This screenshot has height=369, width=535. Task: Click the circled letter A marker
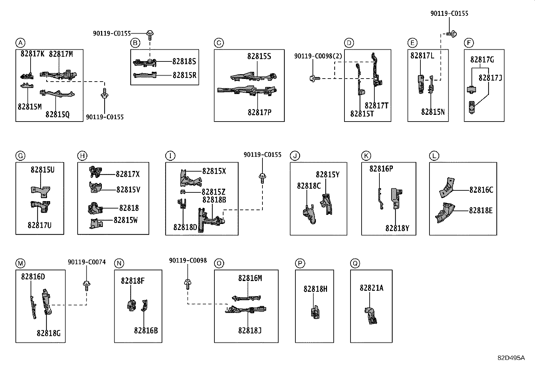(x=20, y=43)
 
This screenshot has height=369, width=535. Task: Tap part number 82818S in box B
(x=184, y=61)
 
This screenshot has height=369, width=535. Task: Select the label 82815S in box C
(x=259, y=56)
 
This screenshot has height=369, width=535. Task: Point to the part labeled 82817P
(x=247, y=90)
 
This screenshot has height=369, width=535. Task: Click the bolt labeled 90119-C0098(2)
(x=315, y=78)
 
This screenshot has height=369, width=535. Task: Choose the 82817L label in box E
(x=422, y=56)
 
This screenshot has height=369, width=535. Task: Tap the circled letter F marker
(x=468, y=43)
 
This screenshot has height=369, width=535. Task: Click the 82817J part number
(x=490, y=78)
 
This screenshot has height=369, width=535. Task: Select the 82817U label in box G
(x=39, y=225)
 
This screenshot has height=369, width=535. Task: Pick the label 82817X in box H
(x=128, y=174)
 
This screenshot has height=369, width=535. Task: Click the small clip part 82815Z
(x=183, y=192)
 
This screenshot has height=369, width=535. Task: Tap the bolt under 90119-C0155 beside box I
(x=262, y=178)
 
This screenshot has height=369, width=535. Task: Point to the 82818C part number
(x=309, y=186)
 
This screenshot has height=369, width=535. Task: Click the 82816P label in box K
(x=381, y=169)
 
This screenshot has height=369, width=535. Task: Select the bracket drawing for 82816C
(x=447, y=188)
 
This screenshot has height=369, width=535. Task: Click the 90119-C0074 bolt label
(x=87, y=262)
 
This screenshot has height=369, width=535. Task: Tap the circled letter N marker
(x=119, y=263)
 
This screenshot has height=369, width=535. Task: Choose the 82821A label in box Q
(x=372, y=288)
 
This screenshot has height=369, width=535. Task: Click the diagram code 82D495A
(x=511, y=358)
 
